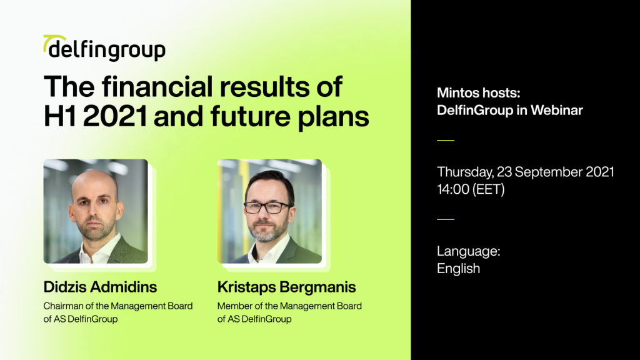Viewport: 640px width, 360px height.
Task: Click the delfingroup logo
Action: click(x=104, y=48)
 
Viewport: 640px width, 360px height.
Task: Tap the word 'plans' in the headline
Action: click(x=333, y=117)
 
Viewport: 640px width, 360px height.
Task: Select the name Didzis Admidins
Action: click(x=100, y=287)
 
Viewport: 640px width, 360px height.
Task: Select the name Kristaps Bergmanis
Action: click(x=286, y=287)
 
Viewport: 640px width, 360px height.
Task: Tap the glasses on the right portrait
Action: click(x=267, y=207)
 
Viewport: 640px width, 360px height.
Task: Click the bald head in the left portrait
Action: click(x=94, y=184)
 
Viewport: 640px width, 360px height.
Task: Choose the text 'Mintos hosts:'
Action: click(x=478, y=93)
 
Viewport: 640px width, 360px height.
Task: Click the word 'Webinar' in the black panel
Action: click(x=557, y=110)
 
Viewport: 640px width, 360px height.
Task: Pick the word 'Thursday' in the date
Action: click(x=464, y=172)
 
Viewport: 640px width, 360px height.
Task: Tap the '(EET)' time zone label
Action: click(x=489, y=189)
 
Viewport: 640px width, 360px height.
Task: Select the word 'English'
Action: click(x=458, y=269)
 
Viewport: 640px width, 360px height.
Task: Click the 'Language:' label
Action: click(x=469, y=251)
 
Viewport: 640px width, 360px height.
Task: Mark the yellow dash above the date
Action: click(x=446, y=140)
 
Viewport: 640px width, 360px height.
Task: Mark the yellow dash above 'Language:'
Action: click(x=446, y=219)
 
